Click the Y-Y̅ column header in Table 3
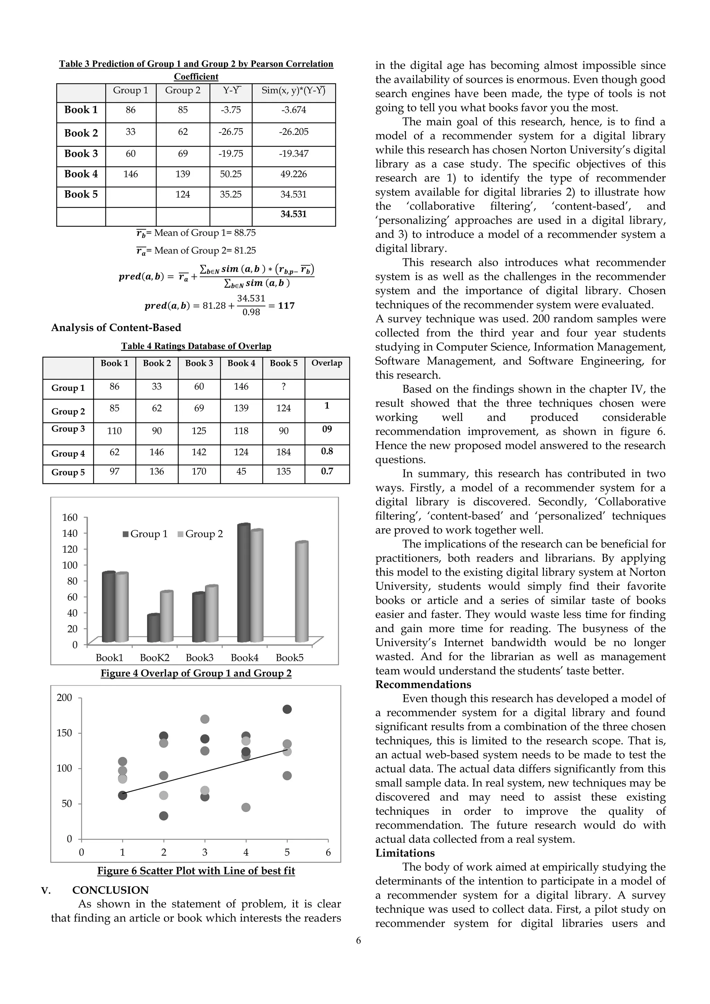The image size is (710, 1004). click(231, 90)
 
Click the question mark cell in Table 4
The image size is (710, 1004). click(284, 386)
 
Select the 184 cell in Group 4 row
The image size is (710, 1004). click(284, 452)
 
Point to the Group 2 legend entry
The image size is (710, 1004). click(200, 534)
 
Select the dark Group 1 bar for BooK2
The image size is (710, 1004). click(153, 628)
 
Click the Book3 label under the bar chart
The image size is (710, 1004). click(199, 658)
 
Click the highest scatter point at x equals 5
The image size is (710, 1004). click(287, 709)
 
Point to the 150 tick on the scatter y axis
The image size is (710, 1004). click(64, 733)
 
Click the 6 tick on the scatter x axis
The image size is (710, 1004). click(328, 852)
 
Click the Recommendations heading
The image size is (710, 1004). click(423, 685)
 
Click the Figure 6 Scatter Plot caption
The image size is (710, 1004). click(196, 871)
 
